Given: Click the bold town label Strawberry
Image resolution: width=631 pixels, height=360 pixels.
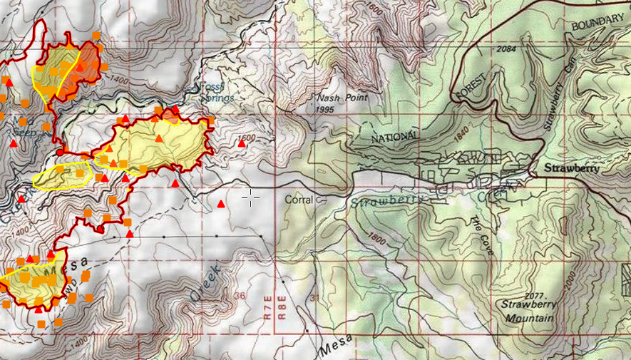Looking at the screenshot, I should tap(569, 170).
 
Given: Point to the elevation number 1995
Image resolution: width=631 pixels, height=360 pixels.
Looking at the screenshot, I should tap(324, 109).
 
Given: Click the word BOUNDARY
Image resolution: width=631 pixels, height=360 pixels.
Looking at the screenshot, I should tap(597, 24).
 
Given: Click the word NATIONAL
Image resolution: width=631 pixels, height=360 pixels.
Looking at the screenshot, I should tap(396, 135).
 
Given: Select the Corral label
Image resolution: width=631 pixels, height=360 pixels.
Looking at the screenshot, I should tap(299, 200).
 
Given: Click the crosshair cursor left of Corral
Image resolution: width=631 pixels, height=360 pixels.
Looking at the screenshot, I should tap(250, 199).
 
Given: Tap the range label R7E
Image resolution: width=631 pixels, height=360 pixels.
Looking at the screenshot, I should tap(267, 309).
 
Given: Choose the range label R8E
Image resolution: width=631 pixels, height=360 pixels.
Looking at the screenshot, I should tap(282, 309).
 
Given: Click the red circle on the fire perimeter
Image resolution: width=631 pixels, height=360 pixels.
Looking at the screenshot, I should tap(61, 151).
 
